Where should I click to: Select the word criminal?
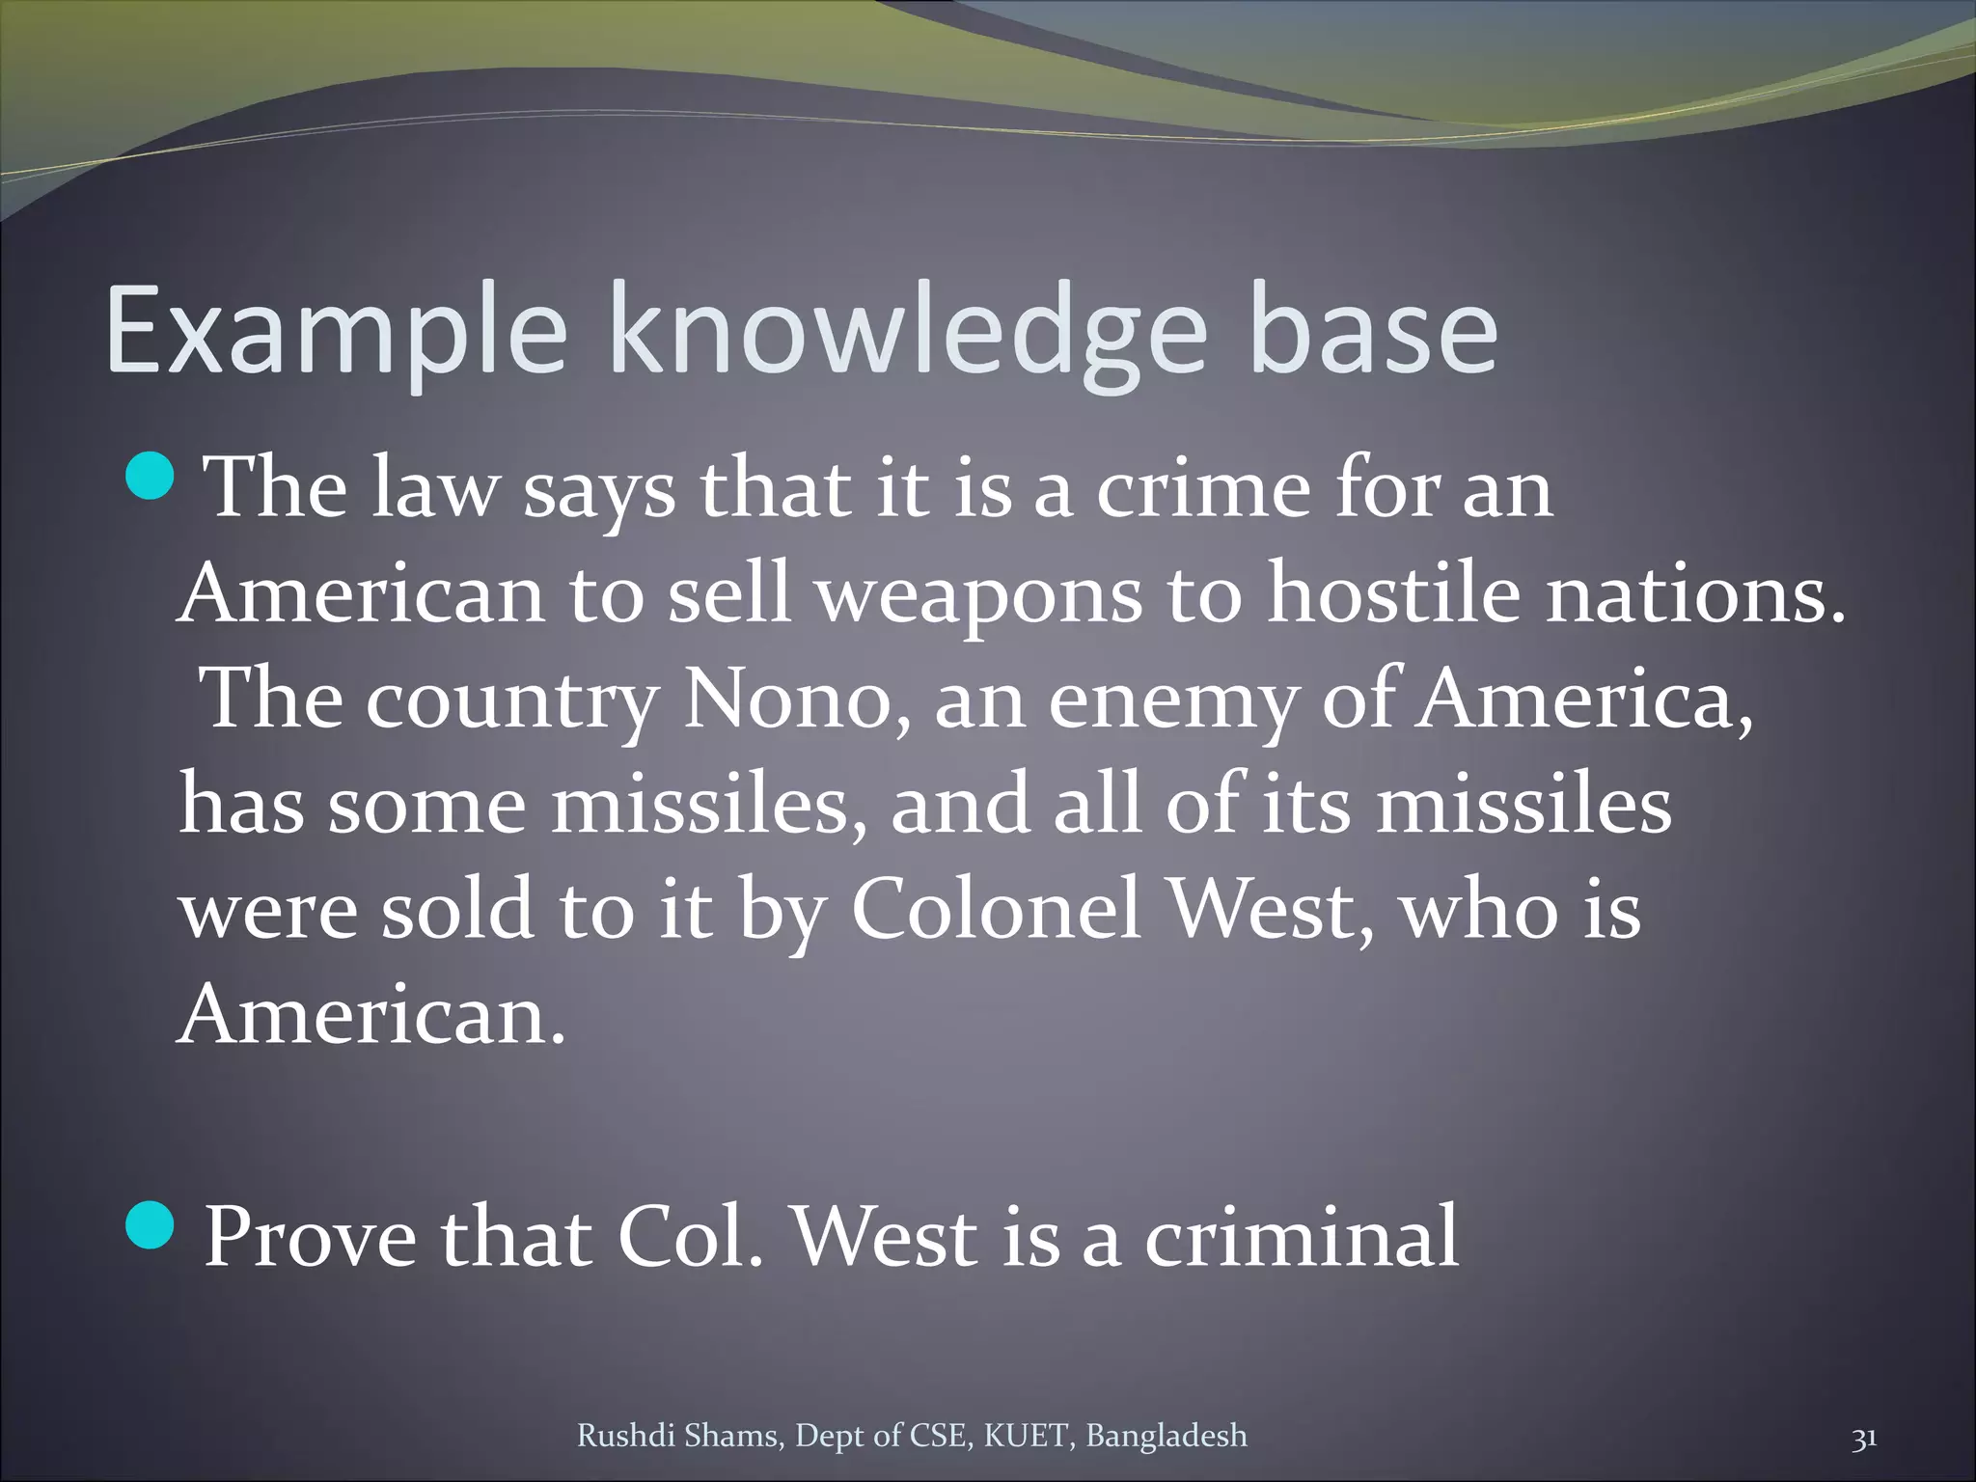pos(1302,1237)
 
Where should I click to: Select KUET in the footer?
pos(1027,1436)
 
